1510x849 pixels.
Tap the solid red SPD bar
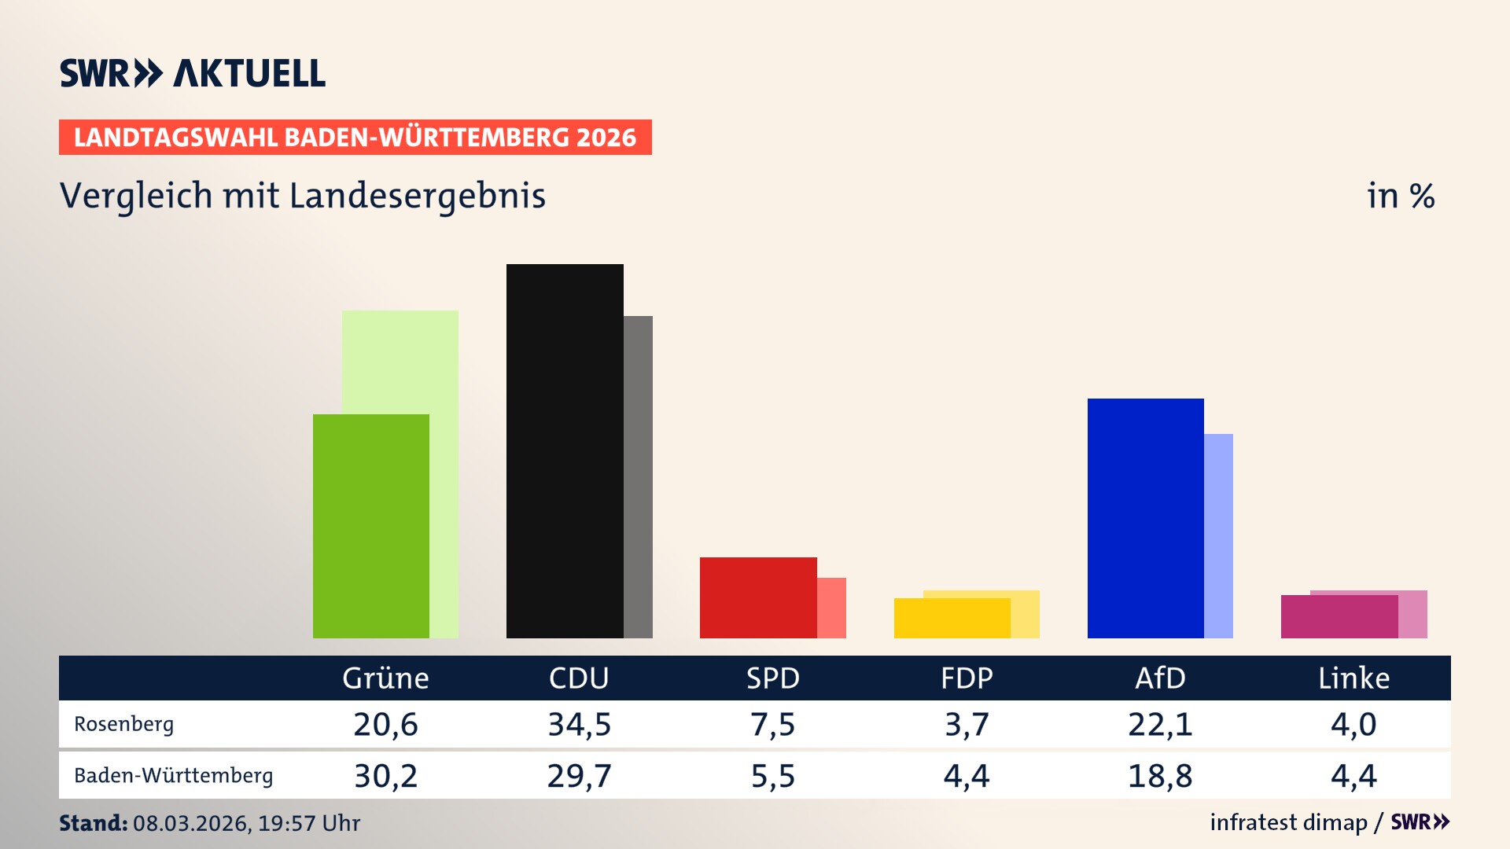click(x=757, y=597)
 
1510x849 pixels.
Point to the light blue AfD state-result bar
click(x=1218, y=535)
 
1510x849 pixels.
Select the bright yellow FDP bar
click(x=952, y=618)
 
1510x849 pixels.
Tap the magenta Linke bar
click(x=1339, y=616)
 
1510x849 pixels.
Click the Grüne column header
click(x=385, y=678)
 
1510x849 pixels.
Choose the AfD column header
click(x=1160, y=678)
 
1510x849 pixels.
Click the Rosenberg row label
click(x=123, y=724)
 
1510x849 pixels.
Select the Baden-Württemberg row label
click(x=173, y=776)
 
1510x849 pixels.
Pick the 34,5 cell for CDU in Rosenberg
click(x=579, y=724)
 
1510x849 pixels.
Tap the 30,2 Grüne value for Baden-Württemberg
click(x=385, y=776)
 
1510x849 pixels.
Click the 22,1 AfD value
click(x=1160, y=724)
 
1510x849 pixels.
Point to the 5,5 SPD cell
click(x=772, y=776)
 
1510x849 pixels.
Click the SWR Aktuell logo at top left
click(x=192, y=73)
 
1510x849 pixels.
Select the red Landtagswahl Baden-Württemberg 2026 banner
click(x=355, y=138)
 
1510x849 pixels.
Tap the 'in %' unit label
click(x=1400, y=196)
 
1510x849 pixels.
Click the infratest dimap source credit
click(x=1288, y=822)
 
